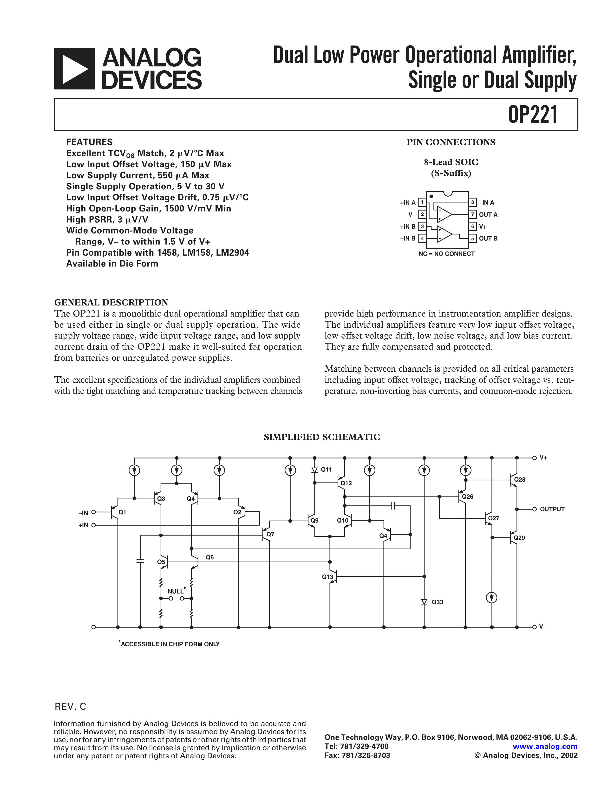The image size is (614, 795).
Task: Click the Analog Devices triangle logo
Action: click(x=75, y=69)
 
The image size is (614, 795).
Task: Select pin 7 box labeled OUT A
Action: click(x=472, y=214)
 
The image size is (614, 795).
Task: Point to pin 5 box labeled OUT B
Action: click(x=472, y=238)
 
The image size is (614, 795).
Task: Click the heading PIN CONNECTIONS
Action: click(x=451, y=142)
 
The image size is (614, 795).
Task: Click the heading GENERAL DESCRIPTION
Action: click(x=111, y=303)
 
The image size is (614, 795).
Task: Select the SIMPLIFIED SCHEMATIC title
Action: click(x=321, y=437)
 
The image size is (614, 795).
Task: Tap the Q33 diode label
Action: click(x=437, y=602)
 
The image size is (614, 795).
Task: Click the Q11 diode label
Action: click(x=326, y=470)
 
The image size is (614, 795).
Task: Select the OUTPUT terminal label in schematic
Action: click(x=552, y=509)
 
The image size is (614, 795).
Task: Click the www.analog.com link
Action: click(x=545, y=747)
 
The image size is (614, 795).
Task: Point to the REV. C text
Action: click(x=70, y=707)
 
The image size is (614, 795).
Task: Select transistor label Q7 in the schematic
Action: click(x=270, y=534)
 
